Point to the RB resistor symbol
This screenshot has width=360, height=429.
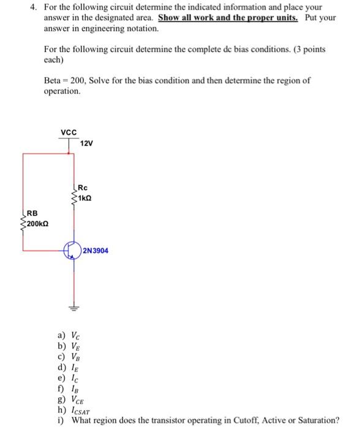coord(23,222)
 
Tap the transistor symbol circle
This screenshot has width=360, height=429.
coord(74,251)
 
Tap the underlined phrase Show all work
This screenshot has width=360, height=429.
coord(185,18)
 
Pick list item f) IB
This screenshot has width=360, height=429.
coord(68,389)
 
